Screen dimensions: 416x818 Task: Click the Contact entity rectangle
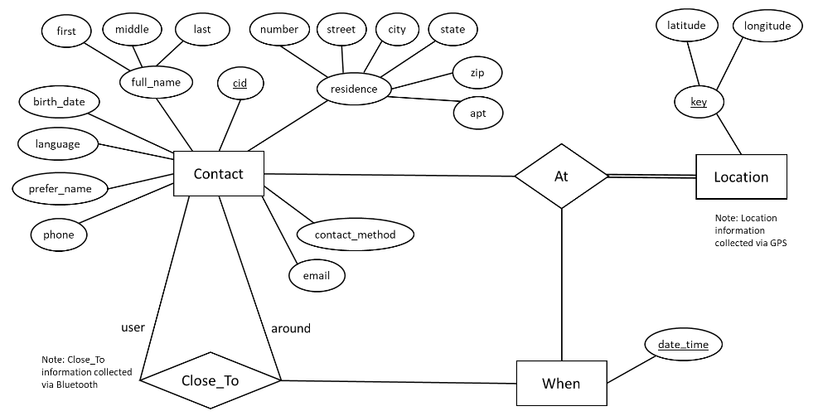tap(218, 174)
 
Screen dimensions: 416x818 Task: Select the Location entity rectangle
tap(741, 177)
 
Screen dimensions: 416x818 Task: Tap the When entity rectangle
tap(560, 384)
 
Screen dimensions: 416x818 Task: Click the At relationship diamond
tap(561, 176)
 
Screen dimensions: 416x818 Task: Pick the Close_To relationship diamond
tap(211, 381)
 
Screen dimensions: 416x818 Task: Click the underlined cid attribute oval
tap(240, 84)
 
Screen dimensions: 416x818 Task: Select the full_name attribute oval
tap(156, 82)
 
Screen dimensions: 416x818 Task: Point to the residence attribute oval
tap(354, 89)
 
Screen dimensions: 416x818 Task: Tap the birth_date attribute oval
tap(59, 102)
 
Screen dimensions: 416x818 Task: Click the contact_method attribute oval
tap(355, 235)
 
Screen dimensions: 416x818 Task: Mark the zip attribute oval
tap(477, 73)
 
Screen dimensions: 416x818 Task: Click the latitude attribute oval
tap(686, 26)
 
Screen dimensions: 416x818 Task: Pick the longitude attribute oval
tap(767, 26)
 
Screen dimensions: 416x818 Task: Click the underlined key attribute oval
tap(699, 102)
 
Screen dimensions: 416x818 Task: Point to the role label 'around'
tap(291, 328)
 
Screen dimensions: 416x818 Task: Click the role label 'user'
tap(133, 327)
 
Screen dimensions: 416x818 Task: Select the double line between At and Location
tap(651, 176)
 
